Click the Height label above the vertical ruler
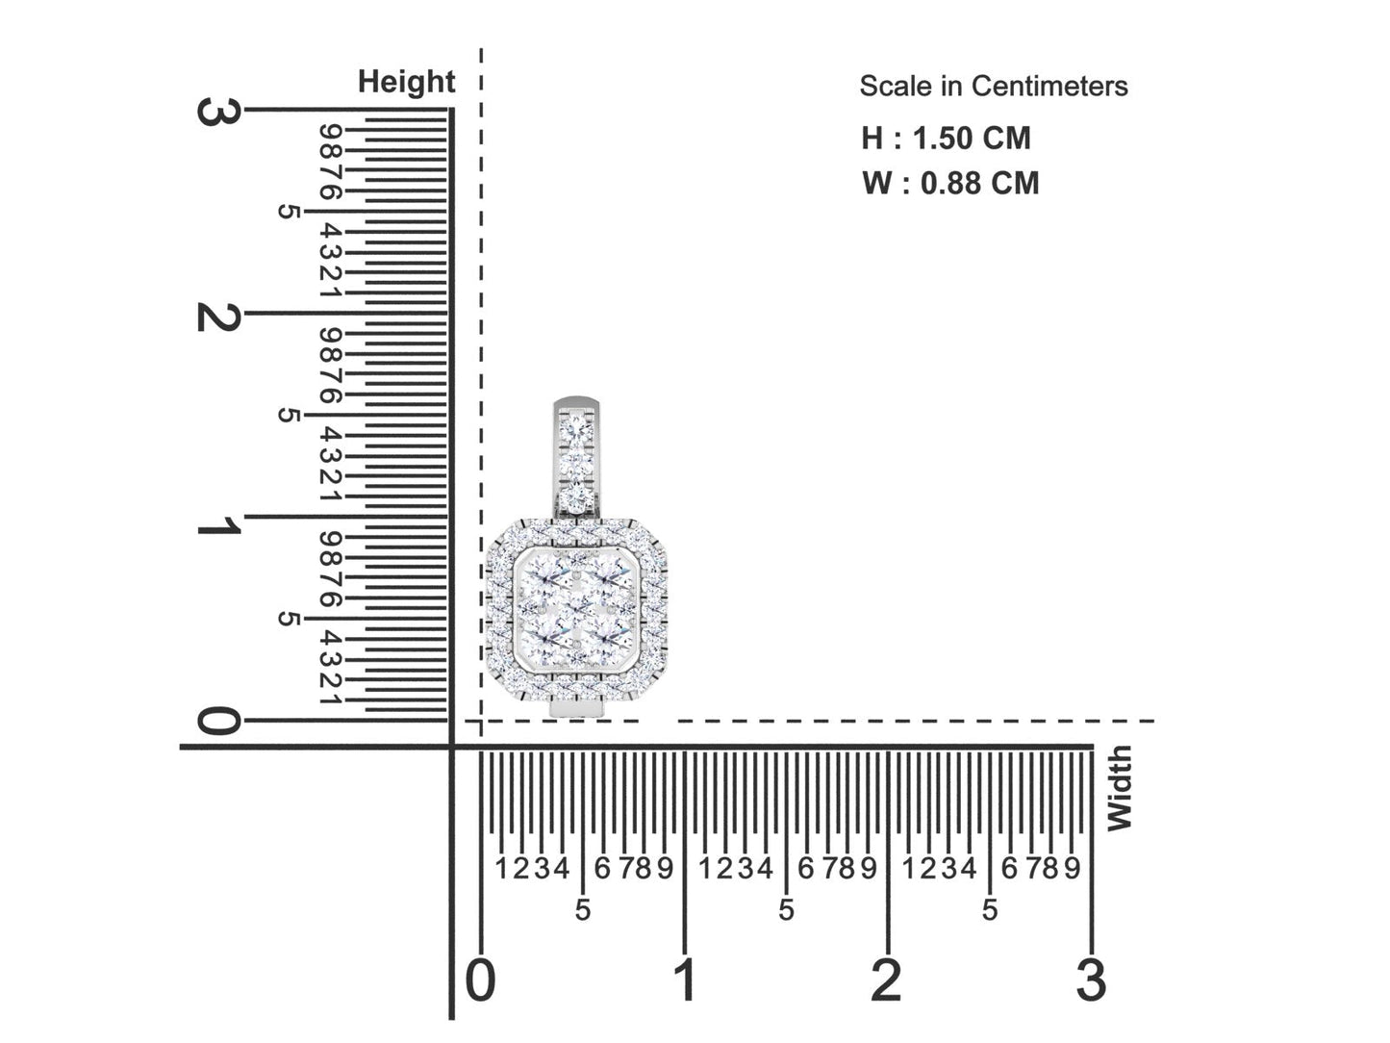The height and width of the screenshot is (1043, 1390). tap(406, 83)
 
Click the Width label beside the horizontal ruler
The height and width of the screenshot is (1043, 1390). tap(1119, 788)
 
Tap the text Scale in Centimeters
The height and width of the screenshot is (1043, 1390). tap(993, 87)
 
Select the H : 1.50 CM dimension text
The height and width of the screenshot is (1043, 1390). tap(946, 138)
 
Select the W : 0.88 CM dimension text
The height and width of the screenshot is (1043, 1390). tap(949, 183)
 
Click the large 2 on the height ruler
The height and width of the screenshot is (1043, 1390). tap(218, 315)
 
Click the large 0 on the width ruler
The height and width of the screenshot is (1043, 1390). tap(481, 980)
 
